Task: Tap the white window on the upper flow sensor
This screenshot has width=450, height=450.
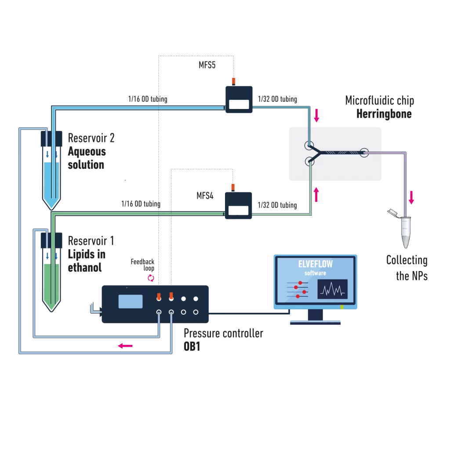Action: (x=239, y=105)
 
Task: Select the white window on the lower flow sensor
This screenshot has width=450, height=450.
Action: (x=239, y=210)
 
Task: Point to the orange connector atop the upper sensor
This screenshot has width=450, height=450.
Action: (x=233, y=80)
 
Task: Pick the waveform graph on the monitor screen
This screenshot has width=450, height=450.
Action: (x=332, y=289)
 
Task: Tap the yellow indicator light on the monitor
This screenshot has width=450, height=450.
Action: (x=342, y=307)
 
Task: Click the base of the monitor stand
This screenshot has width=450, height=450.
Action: (x=315, y=323)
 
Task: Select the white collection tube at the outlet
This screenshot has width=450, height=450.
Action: (x=406, y=233)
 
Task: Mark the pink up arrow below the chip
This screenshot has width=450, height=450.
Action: (x=316, y=194)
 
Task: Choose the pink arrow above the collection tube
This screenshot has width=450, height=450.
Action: (x=411, y=197)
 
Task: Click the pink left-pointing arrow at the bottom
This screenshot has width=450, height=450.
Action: (x=125, y=346)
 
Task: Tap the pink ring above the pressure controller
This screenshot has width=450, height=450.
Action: (x=151, y=278)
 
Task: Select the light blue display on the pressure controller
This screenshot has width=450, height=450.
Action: (x=131, y=301)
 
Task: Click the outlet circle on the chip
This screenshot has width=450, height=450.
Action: (x=364, y=152)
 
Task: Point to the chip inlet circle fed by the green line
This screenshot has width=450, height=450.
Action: (x=310, y=161)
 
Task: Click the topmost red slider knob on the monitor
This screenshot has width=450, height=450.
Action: (x=300, y=283)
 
